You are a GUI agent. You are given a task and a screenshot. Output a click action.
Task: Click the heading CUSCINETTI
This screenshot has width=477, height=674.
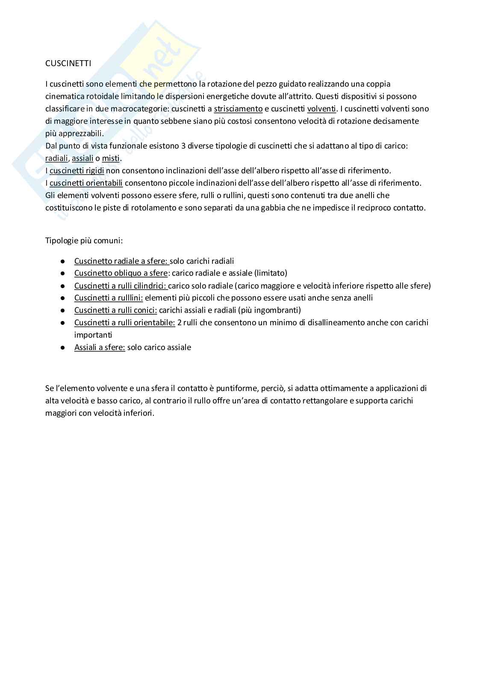(x=68, y=64)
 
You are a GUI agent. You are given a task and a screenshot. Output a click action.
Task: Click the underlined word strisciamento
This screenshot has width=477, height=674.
(x=238, y=109)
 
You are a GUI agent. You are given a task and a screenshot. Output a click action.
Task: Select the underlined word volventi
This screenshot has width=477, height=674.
(x=321, y=109)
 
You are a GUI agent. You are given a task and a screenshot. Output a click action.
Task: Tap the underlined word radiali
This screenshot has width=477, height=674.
(x=56, y=158)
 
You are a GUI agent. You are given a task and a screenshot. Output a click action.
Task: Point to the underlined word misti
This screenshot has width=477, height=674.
(x=111, y=158)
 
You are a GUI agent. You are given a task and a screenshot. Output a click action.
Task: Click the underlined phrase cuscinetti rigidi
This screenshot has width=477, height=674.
(x=77, y=171)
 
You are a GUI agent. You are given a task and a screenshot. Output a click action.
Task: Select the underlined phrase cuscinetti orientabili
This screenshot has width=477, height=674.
(x=86, y=183)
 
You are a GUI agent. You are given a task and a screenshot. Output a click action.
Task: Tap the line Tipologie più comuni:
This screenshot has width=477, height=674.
(x=84, y=241)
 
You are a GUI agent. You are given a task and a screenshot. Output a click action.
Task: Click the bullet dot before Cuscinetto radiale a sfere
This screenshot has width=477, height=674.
(x=62, y=261)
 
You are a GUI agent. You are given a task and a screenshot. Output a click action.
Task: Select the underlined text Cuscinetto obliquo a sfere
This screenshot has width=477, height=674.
(x=121, y=273)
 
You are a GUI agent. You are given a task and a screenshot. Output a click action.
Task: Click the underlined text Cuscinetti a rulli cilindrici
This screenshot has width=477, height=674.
(x=121, y=286)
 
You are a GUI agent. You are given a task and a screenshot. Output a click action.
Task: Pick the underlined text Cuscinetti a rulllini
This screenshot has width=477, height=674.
(x=109, y=298)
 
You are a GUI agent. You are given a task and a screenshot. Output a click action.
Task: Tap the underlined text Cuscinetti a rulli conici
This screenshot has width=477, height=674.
(x=115, y=310)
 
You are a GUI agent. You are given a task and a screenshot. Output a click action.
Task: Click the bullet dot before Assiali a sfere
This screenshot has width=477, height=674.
(x=62, y=348)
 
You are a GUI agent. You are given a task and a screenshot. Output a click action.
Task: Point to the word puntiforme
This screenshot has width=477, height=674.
(x=236, y=388)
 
